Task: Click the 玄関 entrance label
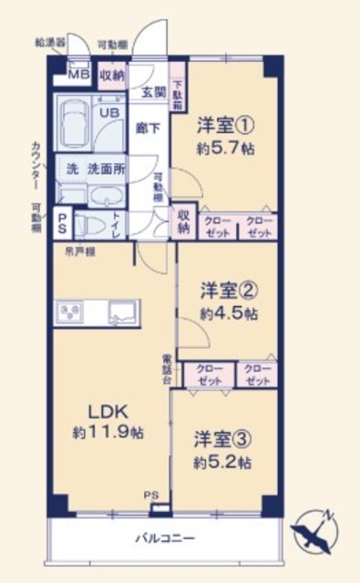point(152,91)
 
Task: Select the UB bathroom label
point(108,114)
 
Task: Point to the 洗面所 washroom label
point(106,169)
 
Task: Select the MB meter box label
point(79,75)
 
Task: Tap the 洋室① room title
point(222,124)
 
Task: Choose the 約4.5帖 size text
point(229,312)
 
